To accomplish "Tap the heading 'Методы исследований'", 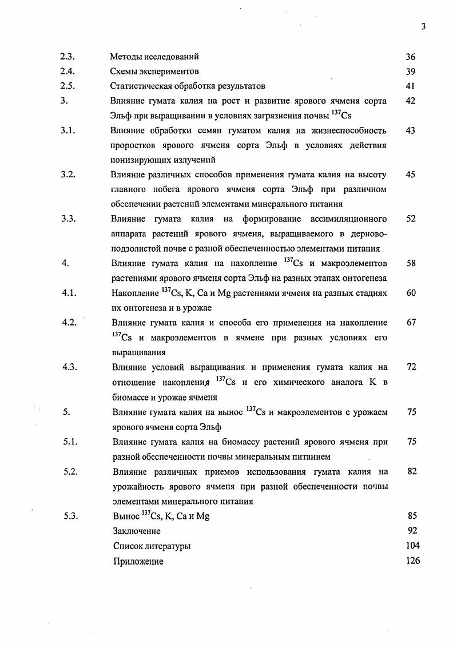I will tap(154, 57).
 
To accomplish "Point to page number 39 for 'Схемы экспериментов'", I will tap(410, 72).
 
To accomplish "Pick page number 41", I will tap(410, 86).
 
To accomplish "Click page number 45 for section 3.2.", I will tap(410, 174).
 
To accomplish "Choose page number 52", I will tap(410, 219).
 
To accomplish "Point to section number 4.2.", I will tap(69, 322).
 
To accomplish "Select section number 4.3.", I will tap(69, 367).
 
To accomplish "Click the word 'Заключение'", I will tap(137, 531).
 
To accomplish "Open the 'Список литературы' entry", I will tap(152, 546).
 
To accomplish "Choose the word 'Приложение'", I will tap(138, 561).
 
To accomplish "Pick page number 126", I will tap(412, 561).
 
